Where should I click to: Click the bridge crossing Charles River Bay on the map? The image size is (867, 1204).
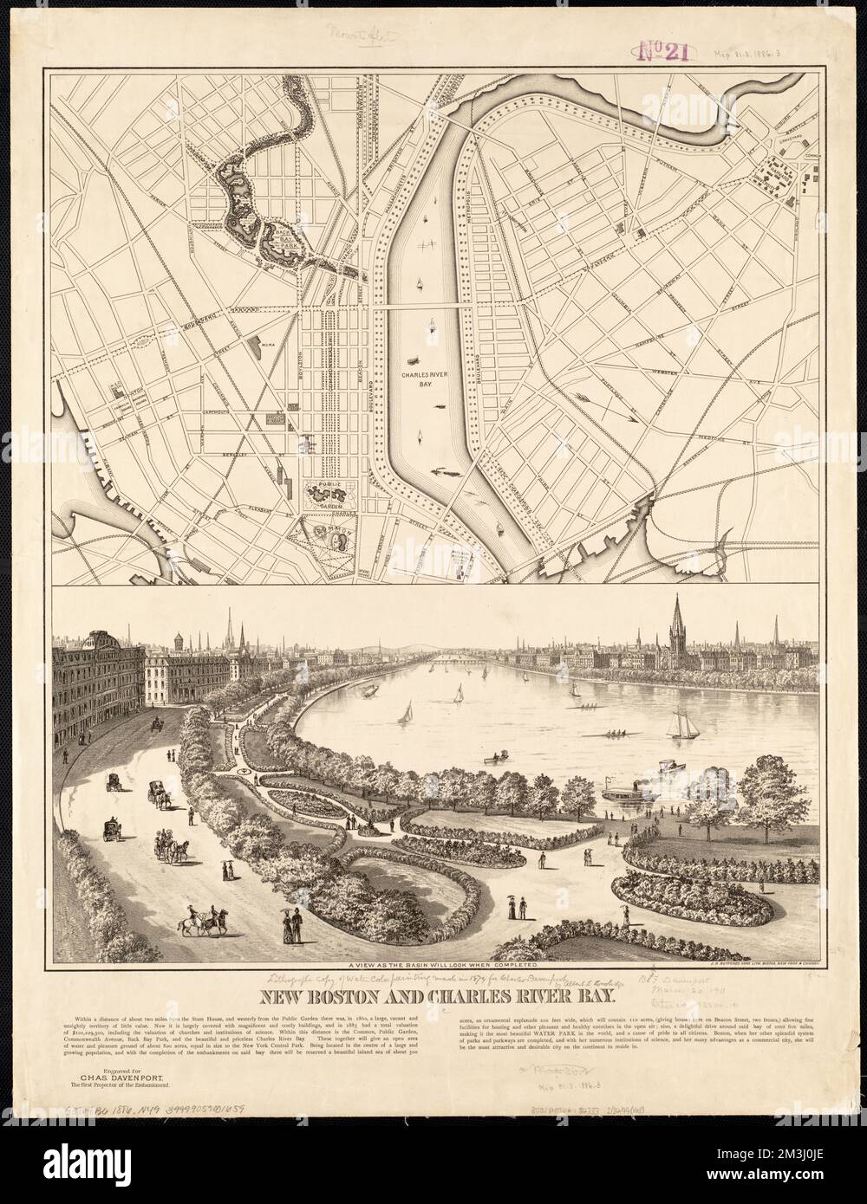click(x=425, y=307)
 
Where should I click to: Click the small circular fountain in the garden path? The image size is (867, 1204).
click(x=249, y=768)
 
